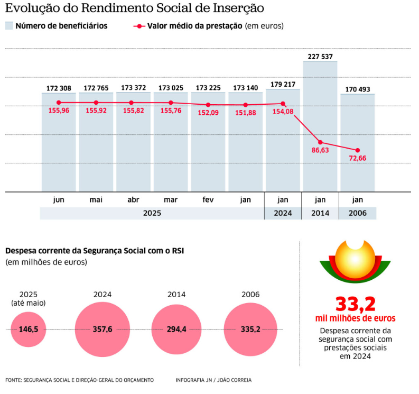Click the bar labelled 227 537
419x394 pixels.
[320, 127]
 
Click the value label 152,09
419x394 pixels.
[208, 113]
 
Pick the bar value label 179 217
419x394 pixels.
[283, 84]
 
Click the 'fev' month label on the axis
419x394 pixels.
[208, 200]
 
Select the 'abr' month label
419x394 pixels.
[133, 200]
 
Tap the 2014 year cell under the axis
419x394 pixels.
[320, 213]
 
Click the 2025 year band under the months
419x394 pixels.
[152, 213]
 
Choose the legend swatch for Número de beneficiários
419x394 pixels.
[9, 26]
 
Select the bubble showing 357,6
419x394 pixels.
[102, 329]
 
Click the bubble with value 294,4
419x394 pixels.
[176, 329]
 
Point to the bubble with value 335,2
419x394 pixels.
[250, 329]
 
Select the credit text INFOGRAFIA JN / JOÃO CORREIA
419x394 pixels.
[213, 380]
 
